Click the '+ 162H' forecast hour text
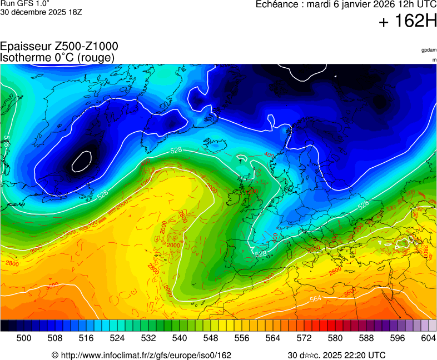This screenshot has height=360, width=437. click(x=408, y=22)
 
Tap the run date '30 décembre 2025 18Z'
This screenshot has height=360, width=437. click(x=41, y=12)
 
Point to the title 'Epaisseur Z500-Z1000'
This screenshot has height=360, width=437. click(x=59, y=47)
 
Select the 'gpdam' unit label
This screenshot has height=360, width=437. click(x=429, y=50)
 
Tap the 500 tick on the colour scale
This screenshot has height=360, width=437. click(x=23, y=338)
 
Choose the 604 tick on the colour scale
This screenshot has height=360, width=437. click(x=428, y=338)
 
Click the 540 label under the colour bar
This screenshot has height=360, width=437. click(x=179, y=338)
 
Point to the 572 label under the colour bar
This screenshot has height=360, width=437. click(x=304, y=338)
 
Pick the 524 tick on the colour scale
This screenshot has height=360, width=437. click(x=117, y=338)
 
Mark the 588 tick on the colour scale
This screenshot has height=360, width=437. click(x=366, y=338)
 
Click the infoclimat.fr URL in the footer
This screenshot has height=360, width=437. click(x=145, y=355)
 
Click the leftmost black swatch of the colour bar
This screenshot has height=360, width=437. click(x=4, y=326)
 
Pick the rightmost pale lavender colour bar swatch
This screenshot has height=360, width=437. click(x=432, y=326)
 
